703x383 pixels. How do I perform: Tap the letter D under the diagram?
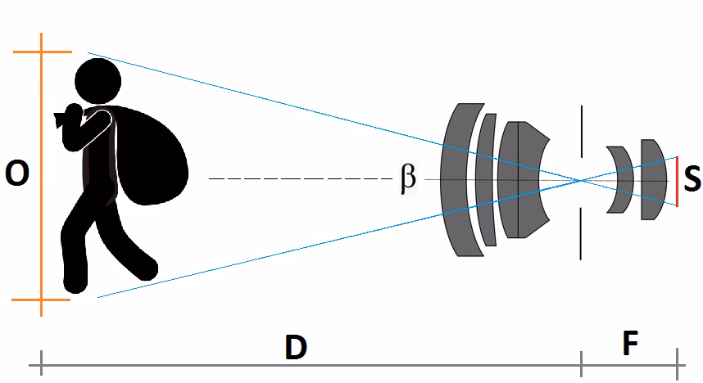pos(295,348)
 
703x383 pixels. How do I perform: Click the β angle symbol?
pos(407,178)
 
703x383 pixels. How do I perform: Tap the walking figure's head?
pos(98,80)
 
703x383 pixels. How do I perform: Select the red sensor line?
pos(678,181)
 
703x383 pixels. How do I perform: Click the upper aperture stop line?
pos(581,131)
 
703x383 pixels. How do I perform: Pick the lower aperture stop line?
pos(581,233)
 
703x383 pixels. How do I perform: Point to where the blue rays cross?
pos(581,180)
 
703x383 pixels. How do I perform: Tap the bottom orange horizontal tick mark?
pos(41,301)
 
